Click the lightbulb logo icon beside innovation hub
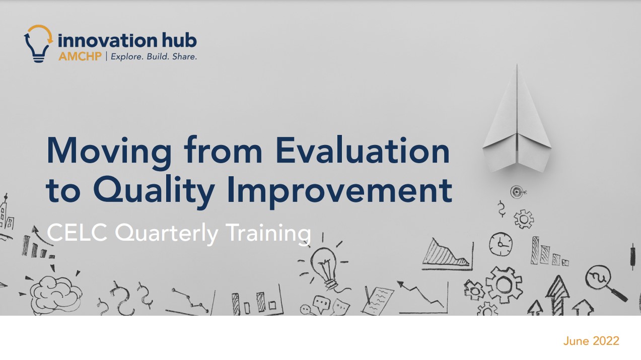(38, 43)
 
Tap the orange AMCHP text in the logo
(80, 56)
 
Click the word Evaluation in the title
(363, 151)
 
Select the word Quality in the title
(154, 190)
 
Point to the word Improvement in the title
(339, 191)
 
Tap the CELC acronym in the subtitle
(77, 233)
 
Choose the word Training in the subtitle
(268, 234)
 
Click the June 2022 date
(591, 341)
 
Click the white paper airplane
(517, 119)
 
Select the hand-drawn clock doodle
(501, 244)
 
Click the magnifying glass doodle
(604, 282)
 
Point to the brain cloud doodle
(55, 294)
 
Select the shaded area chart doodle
(447, 254)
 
